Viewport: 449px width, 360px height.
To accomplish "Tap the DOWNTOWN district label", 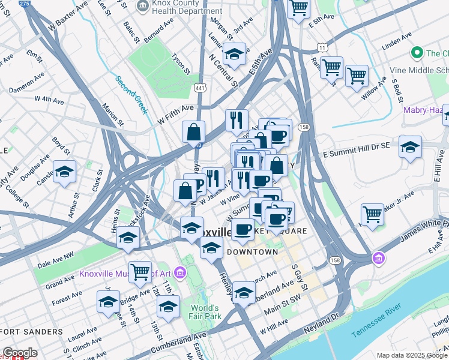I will click(x=252, y=252).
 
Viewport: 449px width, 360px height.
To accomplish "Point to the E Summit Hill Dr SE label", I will click(x=357, y=154).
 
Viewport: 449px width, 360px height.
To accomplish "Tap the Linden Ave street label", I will click(x=394, y=43).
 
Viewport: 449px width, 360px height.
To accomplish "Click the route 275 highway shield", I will click(x=24, y=4).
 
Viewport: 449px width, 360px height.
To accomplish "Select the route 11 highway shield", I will click(x=323, y=47).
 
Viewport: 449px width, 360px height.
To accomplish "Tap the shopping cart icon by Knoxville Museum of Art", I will click(x=140, y=271).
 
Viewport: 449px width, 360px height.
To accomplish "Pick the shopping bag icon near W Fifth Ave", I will click(x=194, y=132).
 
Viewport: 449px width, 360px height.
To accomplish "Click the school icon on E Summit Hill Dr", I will click(x=410, y=146).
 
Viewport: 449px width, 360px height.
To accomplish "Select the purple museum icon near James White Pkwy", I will click(x=379, y=259).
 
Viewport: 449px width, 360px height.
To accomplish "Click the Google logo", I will click(x=20, y=353).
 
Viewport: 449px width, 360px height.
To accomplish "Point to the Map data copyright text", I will click(x=412, y=355).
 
